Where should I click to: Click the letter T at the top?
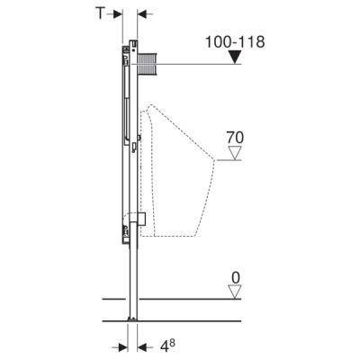[100, 13]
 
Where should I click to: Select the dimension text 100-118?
[235, 42]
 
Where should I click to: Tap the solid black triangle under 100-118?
[235, 58]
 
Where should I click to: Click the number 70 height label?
[235, 138]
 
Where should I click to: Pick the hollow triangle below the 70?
[235, 153]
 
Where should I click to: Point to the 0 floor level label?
[236, 278]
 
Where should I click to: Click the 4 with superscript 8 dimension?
[167, 346]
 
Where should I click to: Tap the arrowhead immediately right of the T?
[117, 14]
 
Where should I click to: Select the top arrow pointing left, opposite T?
[145, 14]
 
